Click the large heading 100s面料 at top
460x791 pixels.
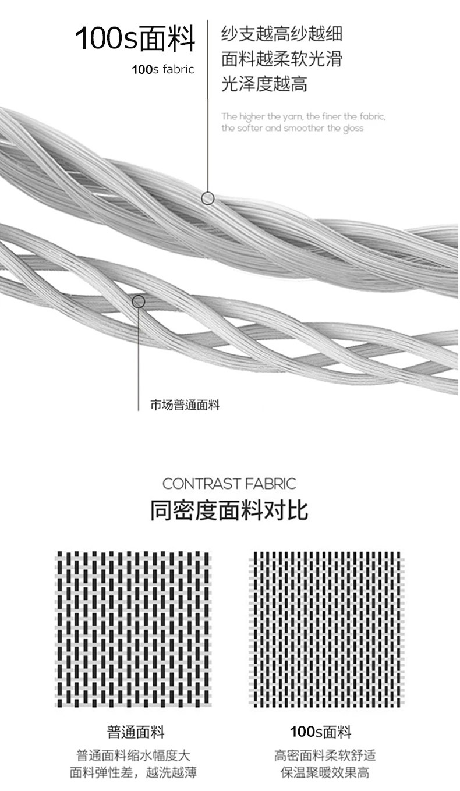135,38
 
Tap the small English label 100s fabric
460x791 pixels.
163,70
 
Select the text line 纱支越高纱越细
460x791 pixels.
281,33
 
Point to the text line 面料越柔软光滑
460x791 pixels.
281,59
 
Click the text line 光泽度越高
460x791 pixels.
264,84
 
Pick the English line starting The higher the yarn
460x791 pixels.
303,116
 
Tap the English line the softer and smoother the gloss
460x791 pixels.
292,128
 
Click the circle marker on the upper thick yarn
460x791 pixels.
208,198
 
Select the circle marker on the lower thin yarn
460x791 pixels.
139,301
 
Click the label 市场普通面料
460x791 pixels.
185,406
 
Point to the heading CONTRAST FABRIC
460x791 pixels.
229,484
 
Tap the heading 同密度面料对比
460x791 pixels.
229,510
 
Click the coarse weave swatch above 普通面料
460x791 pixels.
133,629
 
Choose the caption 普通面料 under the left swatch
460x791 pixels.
136,732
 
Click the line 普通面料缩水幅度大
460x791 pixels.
133,756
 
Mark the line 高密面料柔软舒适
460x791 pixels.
325,756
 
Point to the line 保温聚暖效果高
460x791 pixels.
325,773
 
